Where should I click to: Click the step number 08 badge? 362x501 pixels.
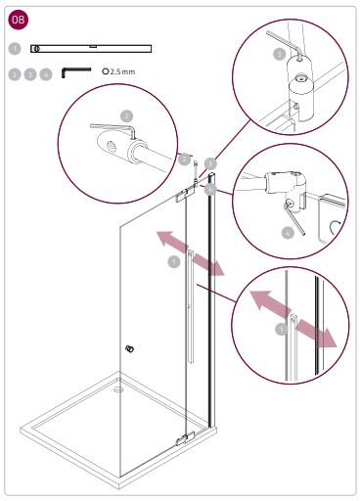pos(19,20)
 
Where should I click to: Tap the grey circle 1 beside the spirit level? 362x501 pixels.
pos(14,47)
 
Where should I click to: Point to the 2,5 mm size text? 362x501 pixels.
pos(120,71)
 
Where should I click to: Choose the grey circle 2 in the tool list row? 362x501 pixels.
pos(14,72)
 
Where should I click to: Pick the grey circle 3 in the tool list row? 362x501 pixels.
pos(30,72)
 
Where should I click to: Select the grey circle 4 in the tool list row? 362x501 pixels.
pos(46,72)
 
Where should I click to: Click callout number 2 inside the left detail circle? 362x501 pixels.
pos(126,116)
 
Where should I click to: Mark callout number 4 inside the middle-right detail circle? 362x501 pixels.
pos(288,233)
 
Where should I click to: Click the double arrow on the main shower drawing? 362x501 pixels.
pos(191,253)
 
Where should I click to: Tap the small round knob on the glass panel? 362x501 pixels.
pos(130,348)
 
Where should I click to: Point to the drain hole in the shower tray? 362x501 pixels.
pos(118,387)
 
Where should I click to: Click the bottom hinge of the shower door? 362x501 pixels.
pos(182,439)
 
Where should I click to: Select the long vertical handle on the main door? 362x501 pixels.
pos(188,308)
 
